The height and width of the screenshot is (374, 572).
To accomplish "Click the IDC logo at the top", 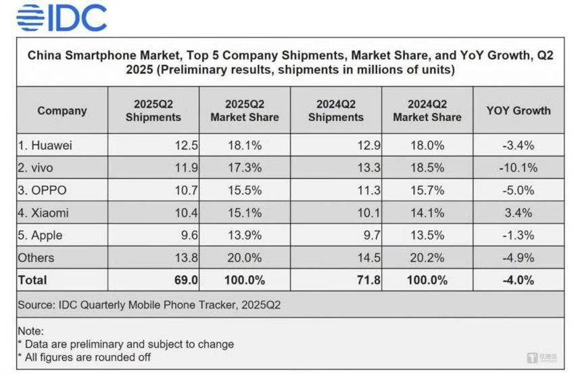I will [62, 17].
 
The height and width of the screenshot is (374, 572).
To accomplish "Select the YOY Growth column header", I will [519, 111].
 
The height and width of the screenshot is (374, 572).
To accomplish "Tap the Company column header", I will [62, 111].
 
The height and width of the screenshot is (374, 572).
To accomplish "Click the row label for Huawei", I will [45, 145].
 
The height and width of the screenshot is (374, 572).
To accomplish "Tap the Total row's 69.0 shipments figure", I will [186, 279].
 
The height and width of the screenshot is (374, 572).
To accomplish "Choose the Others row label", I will [37, 257].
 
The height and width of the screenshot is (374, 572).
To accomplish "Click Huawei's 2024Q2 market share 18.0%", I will [427, 145].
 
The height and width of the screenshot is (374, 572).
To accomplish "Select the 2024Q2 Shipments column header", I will [336, 111].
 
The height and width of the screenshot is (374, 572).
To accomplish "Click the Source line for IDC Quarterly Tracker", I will [149, 304].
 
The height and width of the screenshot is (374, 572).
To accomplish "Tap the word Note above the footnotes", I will [31, 331].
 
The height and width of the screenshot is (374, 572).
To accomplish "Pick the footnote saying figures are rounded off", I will [84, 356].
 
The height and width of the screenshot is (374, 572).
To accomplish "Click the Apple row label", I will [42, 235].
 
